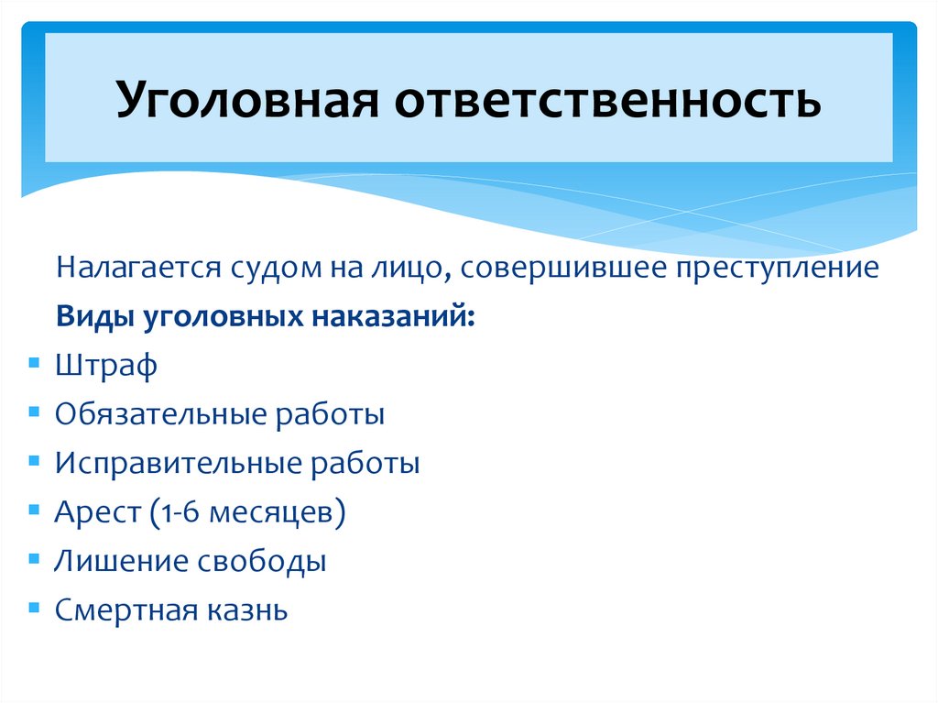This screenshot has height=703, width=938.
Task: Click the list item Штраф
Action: pos(105,366)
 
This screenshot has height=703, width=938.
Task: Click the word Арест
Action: pos(93,511)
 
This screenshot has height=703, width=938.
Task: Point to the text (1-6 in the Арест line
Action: pos(170,511)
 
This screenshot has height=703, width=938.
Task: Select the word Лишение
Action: pos(117,560)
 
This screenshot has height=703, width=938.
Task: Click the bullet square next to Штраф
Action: pos(34,363)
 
